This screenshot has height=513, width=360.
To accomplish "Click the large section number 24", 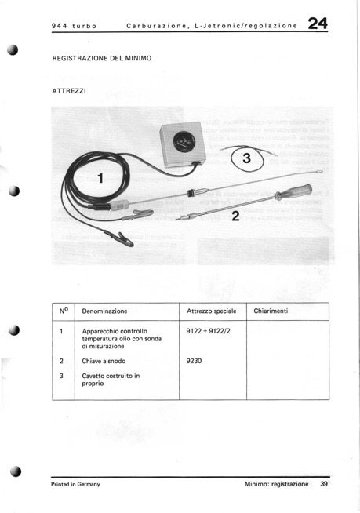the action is tap(318, 24).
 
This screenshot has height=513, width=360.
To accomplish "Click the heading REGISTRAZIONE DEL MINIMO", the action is tap(102, 59).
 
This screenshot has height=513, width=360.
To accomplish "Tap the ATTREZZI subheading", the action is tap(69, 91).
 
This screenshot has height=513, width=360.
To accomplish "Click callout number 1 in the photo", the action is tap(100, 178).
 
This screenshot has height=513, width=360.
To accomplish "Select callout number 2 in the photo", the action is tap(235, 216).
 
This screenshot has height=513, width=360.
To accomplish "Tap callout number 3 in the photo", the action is tap(246, 158).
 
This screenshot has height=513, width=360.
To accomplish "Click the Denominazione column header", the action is tap(104, 311).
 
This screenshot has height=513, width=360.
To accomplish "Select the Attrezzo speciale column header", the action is tap(212, 311).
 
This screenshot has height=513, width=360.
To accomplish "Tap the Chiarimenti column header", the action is tap(271, 311).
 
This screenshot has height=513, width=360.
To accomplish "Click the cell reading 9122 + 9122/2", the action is tap(208, 331).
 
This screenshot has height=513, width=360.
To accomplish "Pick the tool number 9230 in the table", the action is tap(194, 361).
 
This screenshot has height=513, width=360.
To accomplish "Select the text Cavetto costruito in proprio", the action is tap(111, 380).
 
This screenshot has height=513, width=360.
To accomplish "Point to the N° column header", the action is tap(64, 311).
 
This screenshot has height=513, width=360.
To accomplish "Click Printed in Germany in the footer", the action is tap(75, 484).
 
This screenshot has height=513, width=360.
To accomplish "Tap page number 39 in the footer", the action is tap(324, 484).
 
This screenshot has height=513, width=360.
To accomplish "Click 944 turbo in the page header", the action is tap(75, 26).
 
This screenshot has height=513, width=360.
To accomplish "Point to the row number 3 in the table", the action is tap(61, 376).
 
